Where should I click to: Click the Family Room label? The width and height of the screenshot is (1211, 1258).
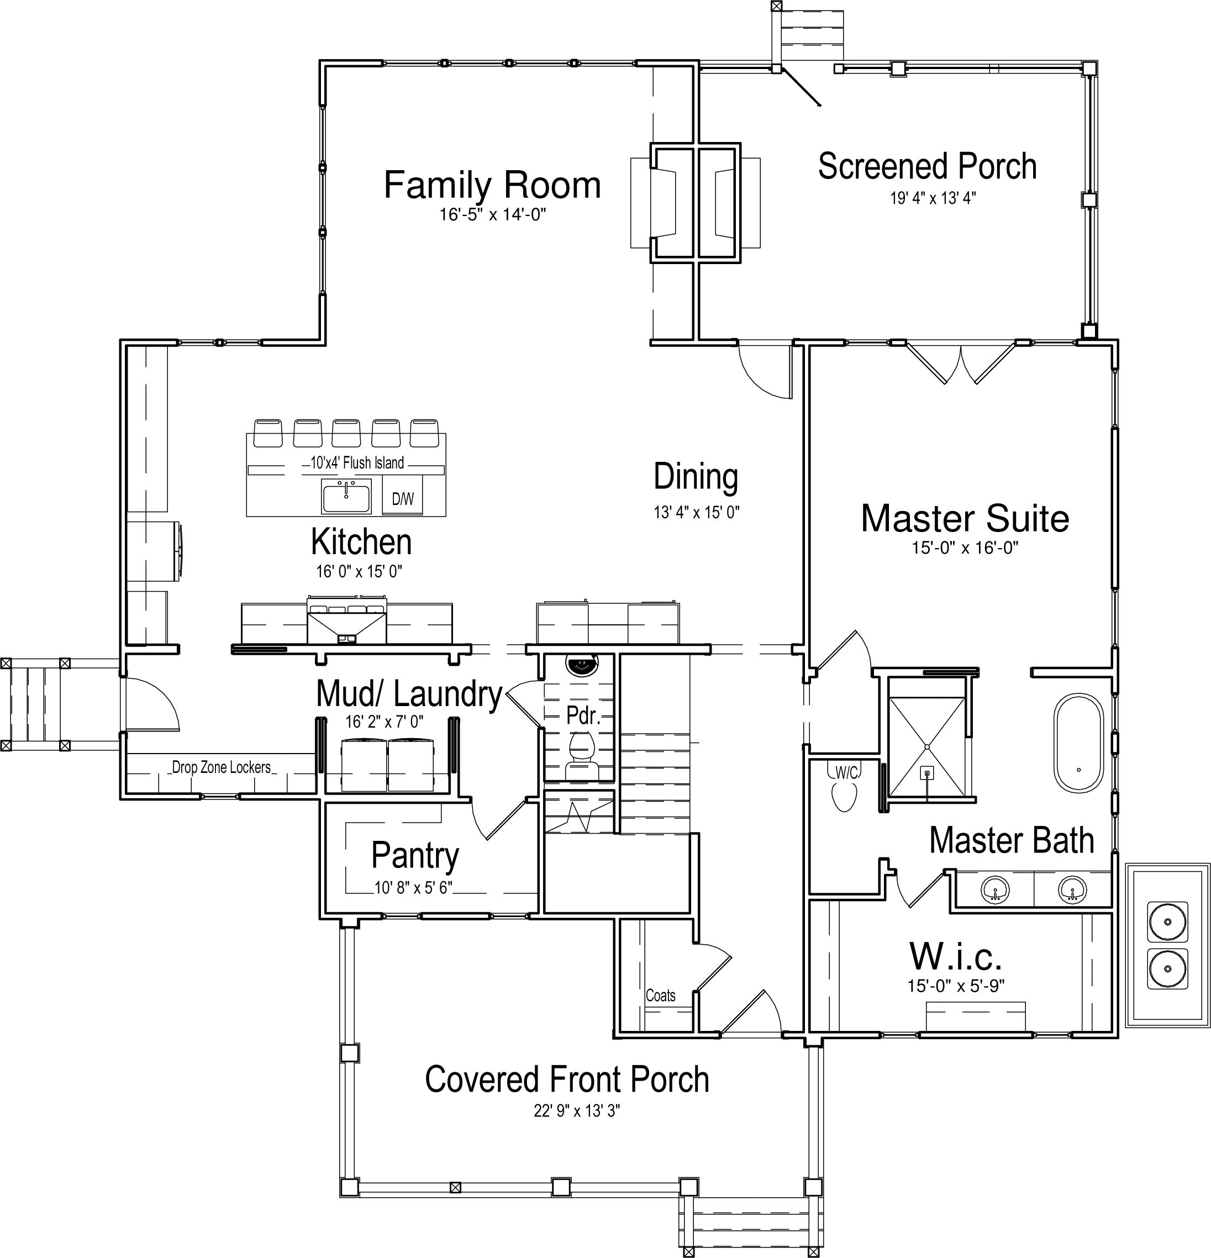coord(492,185)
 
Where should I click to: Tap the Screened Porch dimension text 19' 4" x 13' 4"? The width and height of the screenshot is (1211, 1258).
coord(933,198)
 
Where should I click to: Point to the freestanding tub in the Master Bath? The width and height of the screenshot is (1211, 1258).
coord(1078,741)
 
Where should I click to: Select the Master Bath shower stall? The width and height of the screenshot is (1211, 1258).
coord(926,747)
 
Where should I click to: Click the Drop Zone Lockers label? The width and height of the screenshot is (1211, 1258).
coord(222,767)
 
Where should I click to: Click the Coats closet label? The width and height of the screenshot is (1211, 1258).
coord(660,995)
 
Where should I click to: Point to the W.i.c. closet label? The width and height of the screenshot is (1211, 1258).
coord(956,957)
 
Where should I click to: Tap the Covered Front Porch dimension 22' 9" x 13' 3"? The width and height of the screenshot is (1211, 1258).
coord(577,1110)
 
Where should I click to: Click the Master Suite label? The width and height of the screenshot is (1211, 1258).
coord(965,519)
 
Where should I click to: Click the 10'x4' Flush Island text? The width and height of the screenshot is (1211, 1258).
coord(357,463)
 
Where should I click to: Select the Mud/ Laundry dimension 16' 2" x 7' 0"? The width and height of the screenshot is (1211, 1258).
coord(385,722)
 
